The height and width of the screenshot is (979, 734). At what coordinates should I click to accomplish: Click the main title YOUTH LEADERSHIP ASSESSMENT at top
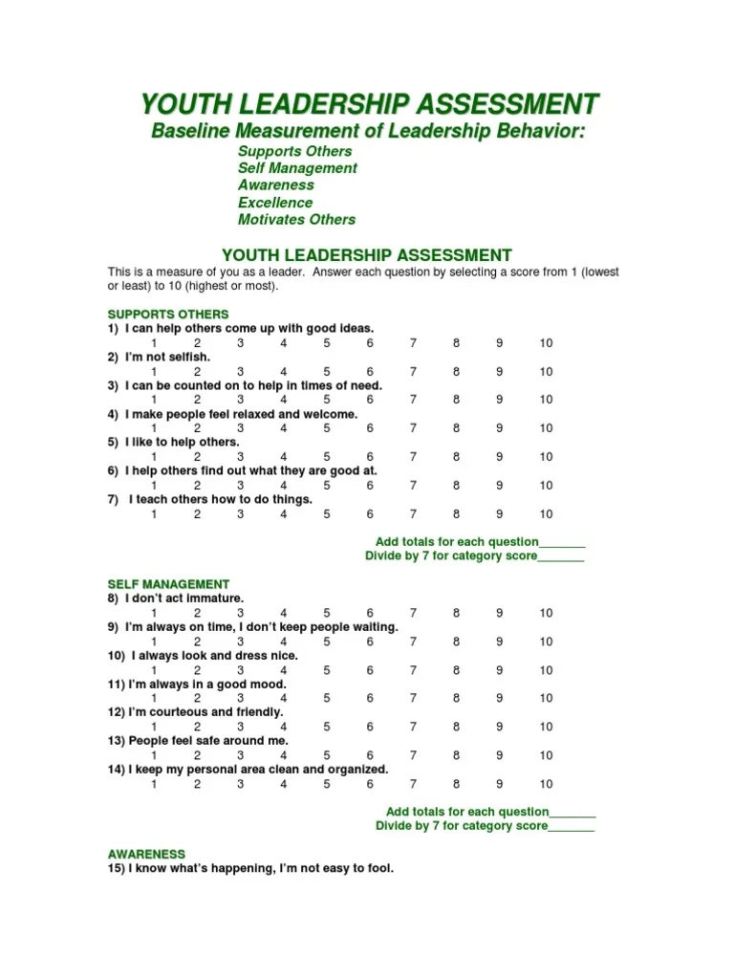370,103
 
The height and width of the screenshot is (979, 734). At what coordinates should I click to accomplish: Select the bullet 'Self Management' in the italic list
297,168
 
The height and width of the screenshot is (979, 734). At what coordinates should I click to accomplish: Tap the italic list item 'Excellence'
275,203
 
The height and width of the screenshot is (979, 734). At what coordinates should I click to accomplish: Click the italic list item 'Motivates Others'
296,220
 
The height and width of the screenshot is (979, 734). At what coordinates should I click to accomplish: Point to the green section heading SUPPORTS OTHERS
168,315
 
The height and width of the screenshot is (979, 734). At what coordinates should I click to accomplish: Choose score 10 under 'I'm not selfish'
546,372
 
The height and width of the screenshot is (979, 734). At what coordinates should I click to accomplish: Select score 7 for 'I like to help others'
414,457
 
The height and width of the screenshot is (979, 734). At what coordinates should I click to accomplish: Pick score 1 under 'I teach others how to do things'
154,514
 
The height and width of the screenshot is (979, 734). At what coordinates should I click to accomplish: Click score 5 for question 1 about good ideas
327,343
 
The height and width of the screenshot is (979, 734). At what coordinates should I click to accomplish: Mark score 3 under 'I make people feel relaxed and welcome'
241,429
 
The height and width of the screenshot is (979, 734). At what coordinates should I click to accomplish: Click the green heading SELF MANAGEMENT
168,584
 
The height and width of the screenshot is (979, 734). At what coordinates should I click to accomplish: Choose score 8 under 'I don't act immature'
457,613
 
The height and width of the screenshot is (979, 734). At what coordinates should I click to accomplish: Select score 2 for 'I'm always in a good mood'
198,699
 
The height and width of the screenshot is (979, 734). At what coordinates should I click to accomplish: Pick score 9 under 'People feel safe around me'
500,755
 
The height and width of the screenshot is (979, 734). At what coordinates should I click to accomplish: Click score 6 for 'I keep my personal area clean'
370,784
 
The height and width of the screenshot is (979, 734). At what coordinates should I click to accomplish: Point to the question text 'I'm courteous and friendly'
195,712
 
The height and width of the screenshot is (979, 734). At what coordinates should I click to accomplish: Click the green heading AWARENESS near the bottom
146,854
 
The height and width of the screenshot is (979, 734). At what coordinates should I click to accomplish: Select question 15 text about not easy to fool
250,869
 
